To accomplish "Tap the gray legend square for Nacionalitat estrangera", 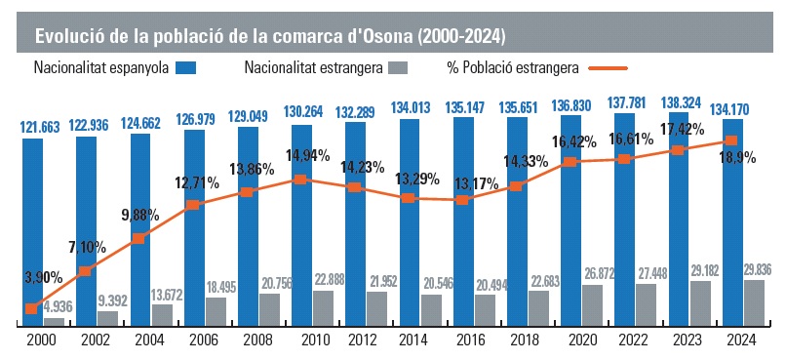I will [x=397, y=68].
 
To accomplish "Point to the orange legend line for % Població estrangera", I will [x=609, y=68].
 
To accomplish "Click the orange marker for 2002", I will [x=86, y=271].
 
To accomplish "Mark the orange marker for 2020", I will [x=570, y=162].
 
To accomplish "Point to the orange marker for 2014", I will [x=409, y=198].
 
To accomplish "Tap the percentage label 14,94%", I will [x=308, y=155].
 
